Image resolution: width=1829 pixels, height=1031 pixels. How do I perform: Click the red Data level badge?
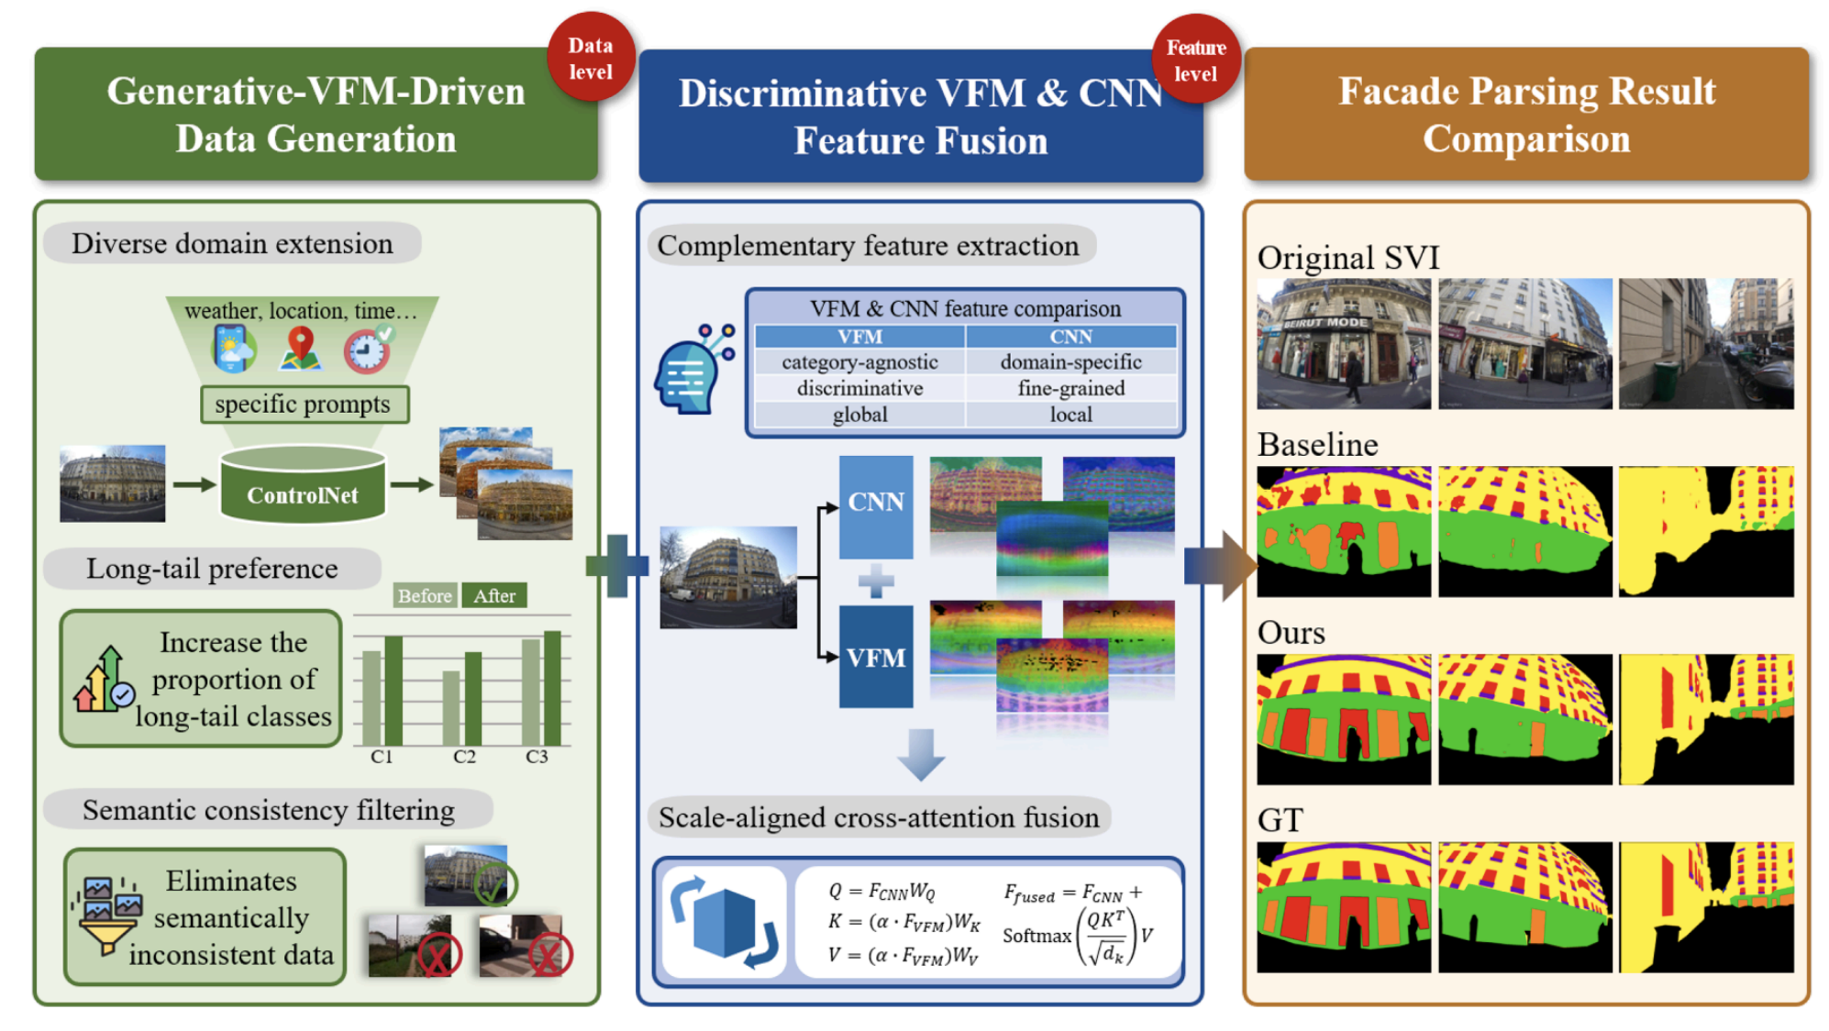(x=591, y=57)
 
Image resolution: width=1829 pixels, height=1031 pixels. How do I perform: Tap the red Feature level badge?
(x=1196, y=60)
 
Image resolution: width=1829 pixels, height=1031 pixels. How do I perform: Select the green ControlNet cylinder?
(x=303, y=484)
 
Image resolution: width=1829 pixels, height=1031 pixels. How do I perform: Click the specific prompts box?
(x=305, y=405)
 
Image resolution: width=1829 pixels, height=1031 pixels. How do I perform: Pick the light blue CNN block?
(x=876, y=507)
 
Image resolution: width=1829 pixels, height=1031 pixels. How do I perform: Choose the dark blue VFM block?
(x=876, y=657)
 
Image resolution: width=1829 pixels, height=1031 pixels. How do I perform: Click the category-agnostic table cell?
(x=859, y=362)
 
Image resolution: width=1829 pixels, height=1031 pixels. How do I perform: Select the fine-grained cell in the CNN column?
(x=1071, y=388)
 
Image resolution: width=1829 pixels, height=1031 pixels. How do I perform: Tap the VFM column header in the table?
(x=859, y=337)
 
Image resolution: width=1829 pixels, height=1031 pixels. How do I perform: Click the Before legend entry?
(x=425, y=595)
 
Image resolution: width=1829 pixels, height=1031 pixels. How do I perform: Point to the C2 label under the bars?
(x=464, y=757)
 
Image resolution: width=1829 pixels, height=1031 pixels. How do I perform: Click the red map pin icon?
(x=301, y=349)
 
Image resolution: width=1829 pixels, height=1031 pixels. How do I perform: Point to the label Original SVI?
(x=1348, y=258)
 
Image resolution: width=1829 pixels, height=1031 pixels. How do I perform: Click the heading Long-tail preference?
(x=212, y=569)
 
